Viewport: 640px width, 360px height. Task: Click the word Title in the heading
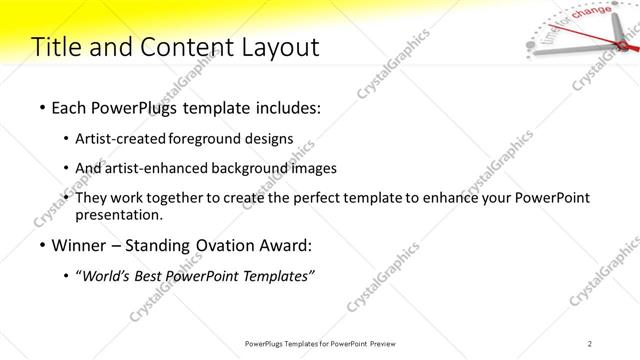(x=56, y=47)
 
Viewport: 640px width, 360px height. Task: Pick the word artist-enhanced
(x=159, y=168)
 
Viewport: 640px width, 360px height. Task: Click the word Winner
(x=78, y=245)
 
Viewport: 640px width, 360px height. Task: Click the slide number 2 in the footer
(x=590, y=344)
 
